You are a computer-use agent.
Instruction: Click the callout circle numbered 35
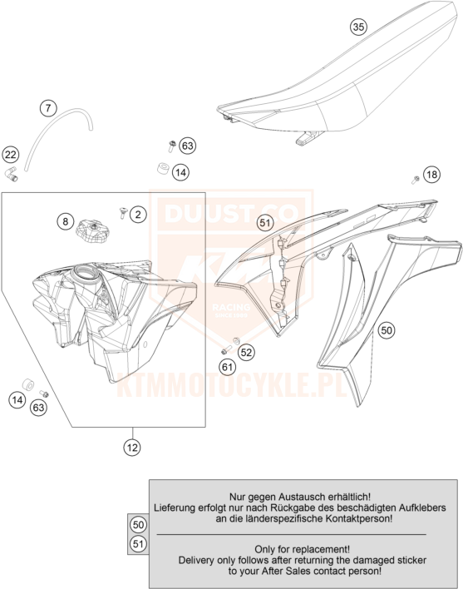[x=358, y=27]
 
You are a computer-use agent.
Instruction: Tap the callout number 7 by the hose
[x=48, y=108]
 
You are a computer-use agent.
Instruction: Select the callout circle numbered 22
[x=11, y=155]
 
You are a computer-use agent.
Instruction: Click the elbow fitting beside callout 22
[x=12, y=173]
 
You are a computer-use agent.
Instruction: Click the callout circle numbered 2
[x=139, y=215]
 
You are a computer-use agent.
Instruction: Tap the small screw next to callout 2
[x=123, y=213]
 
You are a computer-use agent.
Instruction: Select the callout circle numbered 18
[x=432, y=175]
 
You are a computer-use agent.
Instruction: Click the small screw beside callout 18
[x=415, y=180]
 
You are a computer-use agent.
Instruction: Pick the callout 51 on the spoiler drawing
[x=265, y=223]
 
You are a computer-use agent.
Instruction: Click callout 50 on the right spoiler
[x=387, y=330]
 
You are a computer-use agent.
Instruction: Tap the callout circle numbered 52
[x=246, y=353]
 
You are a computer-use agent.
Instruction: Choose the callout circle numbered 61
[x=228, y=367]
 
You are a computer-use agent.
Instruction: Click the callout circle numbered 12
[x=132, y=448]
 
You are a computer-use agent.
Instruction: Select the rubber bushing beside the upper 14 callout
[x=163, y=168]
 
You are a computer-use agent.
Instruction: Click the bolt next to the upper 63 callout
[x=172, y=146]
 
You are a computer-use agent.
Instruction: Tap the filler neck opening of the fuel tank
[x=86, y=270]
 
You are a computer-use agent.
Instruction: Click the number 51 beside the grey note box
[x=139, y=544]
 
